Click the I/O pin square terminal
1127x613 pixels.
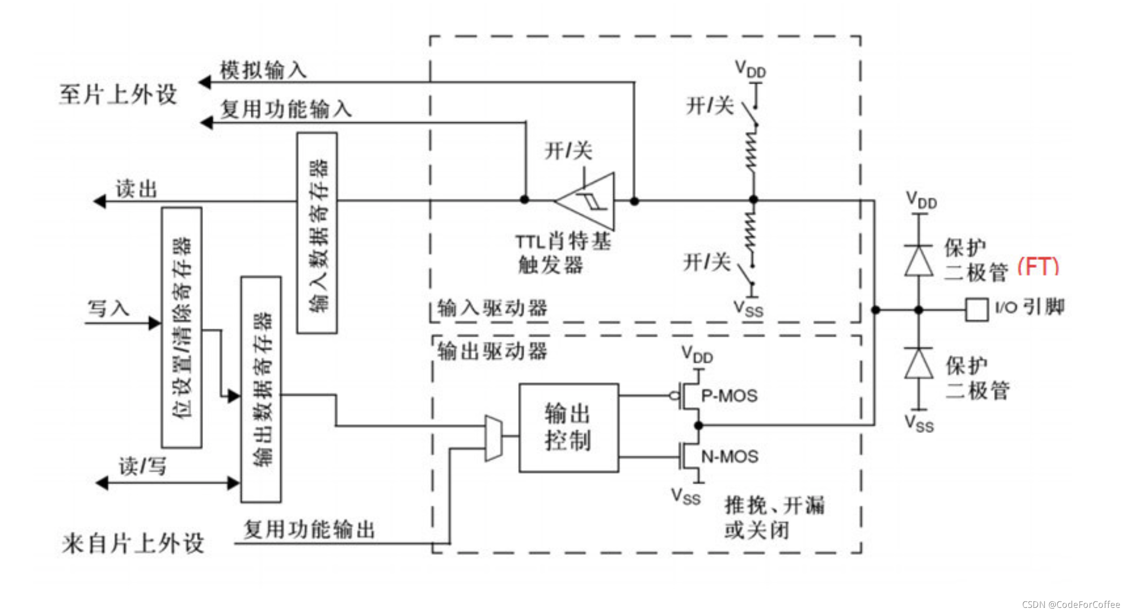[x=977, y=310]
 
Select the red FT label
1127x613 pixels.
[x=1038, y=266]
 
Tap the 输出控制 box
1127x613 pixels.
[x=569, y=427]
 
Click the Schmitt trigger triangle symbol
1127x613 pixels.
[x=585, y=201]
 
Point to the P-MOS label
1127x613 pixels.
[x=729, y=396]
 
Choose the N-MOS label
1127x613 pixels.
[x=729, y=456]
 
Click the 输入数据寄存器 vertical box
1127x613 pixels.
[x=317, y=233]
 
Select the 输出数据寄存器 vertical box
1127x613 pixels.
[x=261, y=389]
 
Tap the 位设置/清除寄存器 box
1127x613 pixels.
[x=182, y=328]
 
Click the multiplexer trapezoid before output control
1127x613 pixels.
[x=494, y=438]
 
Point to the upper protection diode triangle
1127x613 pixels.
[x=918, y=261]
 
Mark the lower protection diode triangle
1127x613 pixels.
[x=918, y=363]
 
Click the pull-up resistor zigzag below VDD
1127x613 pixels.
[x=751, y=150]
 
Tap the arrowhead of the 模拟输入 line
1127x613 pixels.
[x=205, y=82]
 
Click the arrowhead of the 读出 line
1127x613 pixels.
[x=99, y=202]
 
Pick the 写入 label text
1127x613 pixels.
[x=109, y=309]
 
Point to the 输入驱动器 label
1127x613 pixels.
[x=492, y=308]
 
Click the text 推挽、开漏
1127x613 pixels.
[x=774, y=505]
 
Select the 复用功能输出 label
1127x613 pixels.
[x=309, y=530]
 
